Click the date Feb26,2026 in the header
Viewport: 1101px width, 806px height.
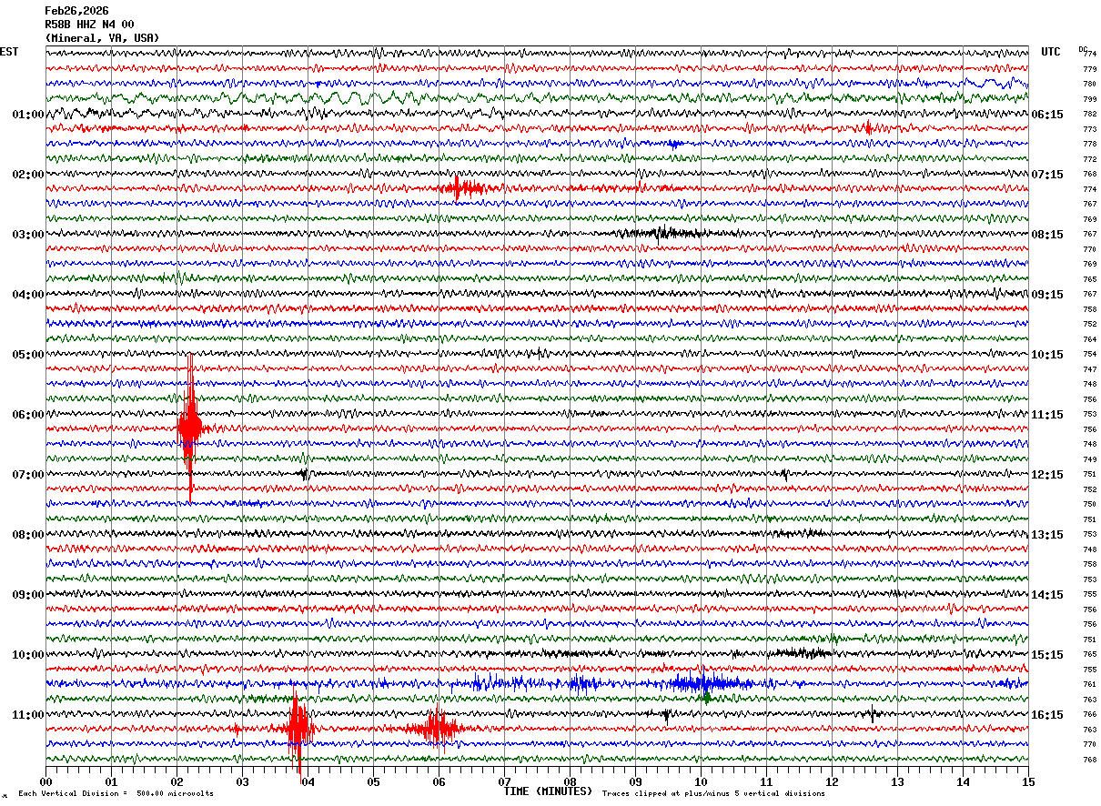pos(76,11)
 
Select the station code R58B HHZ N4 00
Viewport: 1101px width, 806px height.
pos(89,25)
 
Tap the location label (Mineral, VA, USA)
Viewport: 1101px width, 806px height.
pos(102,38)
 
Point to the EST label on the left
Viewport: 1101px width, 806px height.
pos(9,52)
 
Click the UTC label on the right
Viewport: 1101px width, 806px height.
pos(1051,52)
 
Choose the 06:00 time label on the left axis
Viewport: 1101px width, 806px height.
pos(27,415)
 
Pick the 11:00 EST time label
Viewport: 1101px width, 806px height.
pos(27,715)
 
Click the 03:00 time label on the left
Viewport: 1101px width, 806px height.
pos(27,235)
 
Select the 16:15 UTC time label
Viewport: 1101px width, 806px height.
pos(1047,715)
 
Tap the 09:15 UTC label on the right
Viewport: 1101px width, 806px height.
pos(1047,295)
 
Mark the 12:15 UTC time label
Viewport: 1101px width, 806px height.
pos(1047,475)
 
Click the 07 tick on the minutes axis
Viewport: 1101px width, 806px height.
pos(504,781)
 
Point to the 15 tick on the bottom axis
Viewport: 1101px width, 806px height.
pos(1028,781)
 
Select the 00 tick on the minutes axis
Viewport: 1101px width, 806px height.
pos(45,781)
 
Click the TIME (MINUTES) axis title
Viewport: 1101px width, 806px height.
pos(548,791)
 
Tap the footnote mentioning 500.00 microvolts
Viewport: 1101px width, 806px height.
pos(116,794)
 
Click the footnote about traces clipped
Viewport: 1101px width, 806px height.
pos(713,794)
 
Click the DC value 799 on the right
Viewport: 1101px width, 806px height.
pos(1089,99)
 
